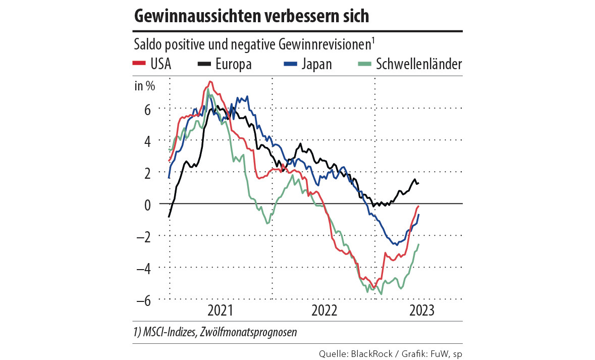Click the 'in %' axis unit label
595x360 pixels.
[145, 85]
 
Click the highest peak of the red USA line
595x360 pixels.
[210, 82]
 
